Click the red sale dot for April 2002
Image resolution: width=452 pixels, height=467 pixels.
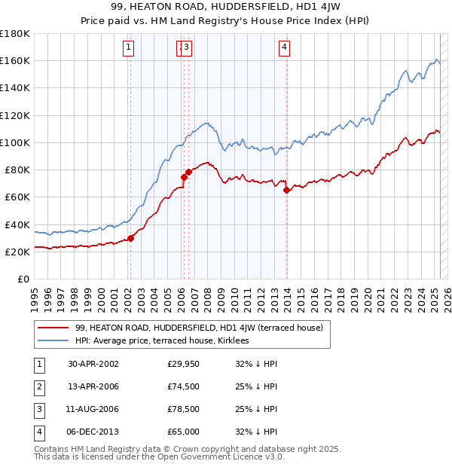pyautogui.click(x=130, y=238)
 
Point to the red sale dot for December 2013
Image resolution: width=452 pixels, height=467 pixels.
pyautogui.click(x=287, y=190)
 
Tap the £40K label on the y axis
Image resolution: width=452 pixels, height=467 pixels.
pyautogui.click(x=17, y=224)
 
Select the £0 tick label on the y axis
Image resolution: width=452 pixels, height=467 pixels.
pyautogui.click(x=22, y=279)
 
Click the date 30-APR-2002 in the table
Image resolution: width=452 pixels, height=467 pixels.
pyautogui.click(x=93, y=364)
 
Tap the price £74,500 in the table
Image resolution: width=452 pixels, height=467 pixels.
pyautogui.click(x=183, y=386)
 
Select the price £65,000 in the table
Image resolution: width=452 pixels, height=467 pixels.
pyautogui.click(x=183, y=432)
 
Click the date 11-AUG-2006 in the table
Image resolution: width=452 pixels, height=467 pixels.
pyautogui.click(x=93, y=409)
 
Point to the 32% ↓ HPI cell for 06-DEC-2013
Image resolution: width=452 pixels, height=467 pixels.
pyautogui.click(x=256, y=432)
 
